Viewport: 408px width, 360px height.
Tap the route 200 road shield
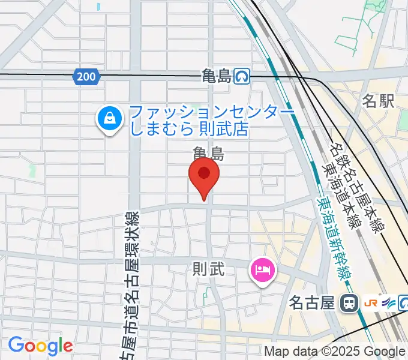(x=88, y=76)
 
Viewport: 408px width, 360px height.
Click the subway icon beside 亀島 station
(x=243, y=76)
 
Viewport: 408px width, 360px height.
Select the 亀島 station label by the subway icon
(x=217, y=76)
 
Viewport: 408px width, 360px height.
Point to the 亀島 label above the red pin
(x=208, y=153)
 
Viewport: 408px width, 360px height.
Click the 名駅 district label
(x=378, y=101)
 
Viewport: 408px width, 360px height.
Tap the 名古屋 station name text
(x=311, y=303)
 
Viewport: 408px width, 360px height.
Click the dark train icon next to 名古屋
(x=347, y=303)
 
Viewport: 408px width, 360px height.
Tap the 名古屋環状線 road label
(x=132, y=282)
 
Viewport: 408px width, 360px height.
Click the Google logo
(x=40, y=346)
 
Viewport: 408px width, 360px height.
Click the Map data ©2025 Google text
(x=335, y=352)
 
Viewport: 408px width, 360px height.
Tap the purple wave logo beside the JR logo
(x=388, y=303)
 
